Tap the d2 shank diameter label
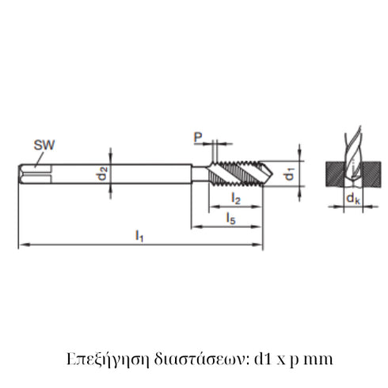(103, 173)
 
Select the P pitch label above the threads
(198, 137)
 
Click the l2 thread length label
(236, 198)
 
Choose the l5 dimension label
(229, 217)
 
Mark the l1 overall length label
(139, 235)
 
